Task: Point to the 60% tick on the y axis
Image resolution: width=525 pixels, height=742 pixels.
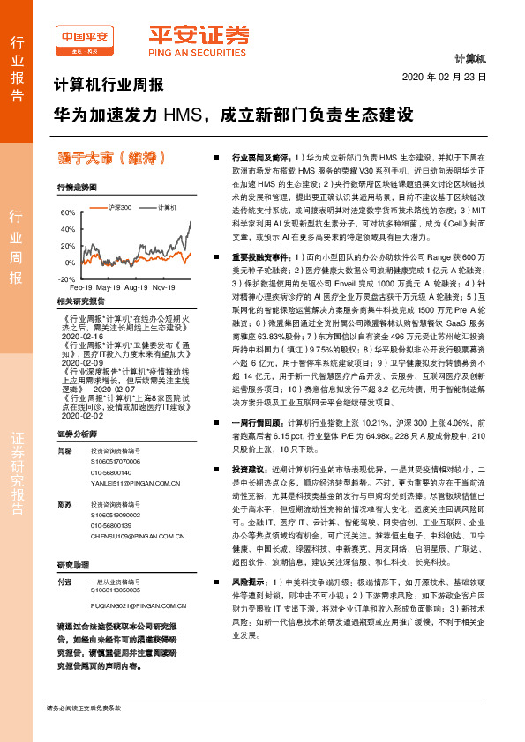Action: click(67, 213)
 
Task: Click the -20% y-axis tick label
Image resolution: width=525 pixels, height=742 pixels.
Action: click(66, 278)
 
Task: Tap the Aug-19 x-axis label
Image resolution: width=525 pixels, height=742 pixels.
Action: click(136, 288)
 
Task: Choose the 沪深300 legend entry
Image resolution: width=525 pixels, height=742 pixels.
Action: click(120, 207)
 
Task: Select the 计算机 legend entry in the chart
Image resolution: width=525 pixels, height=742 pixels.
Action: click(168, 207)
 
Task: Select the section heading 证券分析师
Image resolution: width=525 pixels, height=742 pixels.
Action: click(75, 435)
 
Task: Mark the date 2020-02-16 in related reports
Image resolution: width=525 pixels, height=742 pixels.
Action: click(84, 335)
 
